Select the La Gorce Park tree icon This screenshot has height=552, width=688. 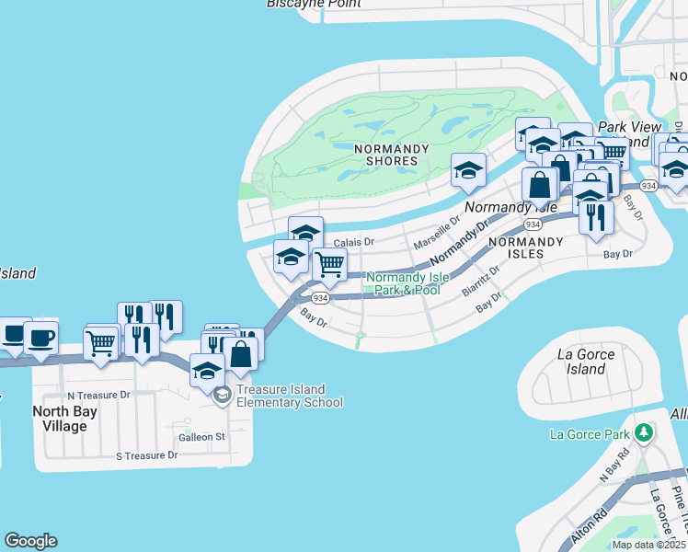[644, 432]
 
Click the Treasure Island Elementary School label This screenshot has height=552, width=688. [290, 396]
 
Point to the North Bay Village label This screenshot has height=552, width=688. [73, 419]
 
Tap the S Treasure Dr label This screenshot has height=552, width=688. [146, 455]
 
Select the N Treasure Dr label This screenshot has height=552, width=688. [99, 394]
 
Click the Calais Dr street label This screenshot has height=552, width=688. [354, 242]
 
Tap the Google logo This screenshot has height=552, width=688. [30, 541]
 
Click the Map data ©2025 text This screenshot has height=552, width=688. [649, 545]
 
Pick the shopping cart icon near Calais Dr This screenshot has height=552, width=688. [329, 265]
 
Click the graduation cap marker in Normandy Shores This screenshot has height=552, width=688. [467, 169]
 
